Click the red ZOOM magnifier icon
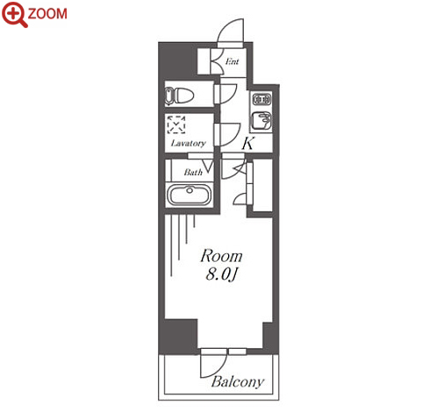click(x=14, y=14)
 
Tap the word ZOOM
click(x=47, y=14)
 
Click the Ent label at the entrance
click(x=233, y=61)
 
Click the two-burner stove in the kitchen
click(x=261, y=100)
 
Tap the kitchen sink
click(x=261, y=121)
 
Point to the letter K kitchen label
click(x=248, y=143)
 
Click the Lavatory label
click(x=189, y=143)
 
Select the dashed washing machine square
click(x=176, y=124)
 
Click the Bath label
click(x=193, y=173)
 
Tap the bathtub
click(x=190, y=195)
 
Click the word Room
click(x=221, y=256)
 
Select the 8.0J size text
click(x=221, y=274)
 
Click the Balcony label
click(x=238, y=382)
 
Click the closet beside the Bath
click(x=262, y=185)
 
